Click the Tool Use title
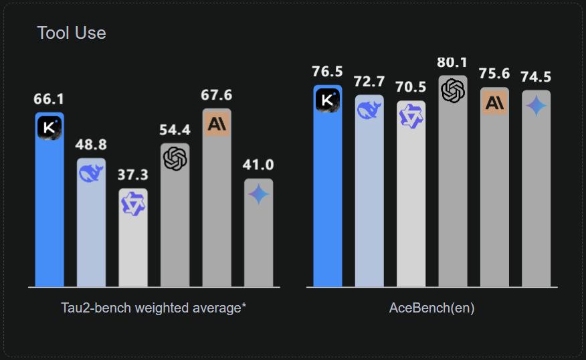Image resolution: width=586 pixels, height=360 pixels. coord(72,33)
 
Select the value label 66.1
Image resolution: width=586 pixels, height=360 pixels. coord(49,99)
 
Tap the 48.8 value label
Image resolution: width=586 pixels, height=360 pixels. coord(91,145)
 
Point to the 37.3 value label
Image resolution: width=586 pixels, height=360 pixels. coord(132,175)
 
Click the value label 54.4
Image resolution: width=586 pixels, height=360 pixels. coord(175,130)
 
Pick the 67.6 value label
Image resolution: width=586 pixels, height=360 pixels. coord(216,95)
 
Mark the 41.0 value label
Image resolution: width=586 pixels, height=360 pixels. coord(258,165)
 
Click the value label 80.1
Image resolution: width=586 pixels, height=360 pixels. coord(452,62)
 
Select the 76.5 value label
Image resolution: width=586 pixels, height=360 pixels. coord(327,72)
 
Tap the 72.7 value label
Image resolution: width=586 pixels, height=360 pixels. coord(369,82)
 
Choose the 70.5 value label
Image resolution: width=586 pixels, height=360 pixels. coord(411,87)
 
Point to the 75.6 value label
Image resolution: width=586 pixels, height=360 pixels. coord(494,74)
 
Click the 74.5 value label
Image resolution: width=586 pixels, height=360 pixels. coord(536,76)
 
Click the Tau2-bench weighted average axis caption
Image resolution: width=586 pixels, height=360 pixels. coord(154,308)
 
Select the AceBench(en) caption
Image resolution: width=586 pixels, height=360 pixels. coord(432,308)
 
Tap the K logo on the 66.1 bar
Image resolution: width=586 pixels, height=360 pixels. coord(49,127)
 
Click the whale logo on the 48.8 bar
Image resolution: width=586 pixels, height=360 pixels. coord(91,173)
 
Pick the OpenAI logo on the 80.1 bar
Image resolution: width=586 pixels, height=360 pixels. coord(453,90)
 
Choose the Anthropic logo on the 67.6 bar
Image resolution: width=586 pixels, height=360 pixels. coord(216,124)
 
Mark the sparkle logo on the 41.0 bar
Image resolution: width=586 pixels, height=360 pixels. coord(258,194)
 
